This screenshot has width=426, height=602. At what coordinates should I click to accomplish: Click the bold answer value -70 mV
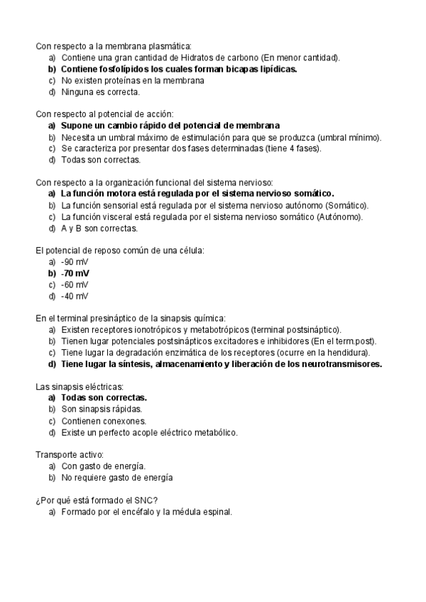(x=75, y=273)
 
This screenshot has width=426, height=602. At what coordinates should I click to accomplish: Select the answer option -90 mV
(x=75, y=261)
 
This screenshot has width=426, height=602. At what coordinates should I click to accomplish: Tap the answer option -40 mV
(x=75, y=295)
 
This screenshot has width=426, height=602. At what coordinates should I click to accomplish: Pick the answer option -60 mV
(x=75, y=284)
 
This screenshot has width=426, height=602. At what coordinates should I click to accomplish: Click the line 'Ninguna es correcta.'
(x=100, y=92)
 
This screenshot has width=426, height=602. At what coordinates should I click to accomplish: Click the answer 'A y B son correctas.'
(x=99, y=228)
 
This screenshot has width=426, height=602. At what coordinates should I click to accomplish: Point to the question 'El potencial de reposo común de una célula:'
(x=119, y=250)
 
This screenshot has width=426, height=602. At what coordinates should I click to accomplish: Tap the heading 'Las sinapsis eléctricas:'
(x=80, y=387)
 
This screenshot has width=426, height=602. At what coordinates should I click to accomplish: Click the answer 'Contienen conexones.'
(x=104, y=421)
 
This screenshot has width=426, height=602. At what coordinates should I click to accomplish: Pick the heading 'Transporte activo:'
(x=70, y=454)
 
